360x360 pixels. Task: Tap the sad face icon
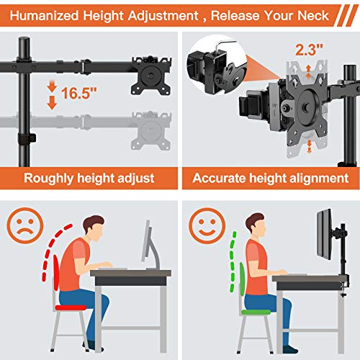pos(28,225)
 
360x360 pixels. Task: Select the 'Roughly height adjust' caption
pos(88,178)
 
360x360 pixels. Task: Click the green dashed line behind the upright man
pos(232,266)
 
